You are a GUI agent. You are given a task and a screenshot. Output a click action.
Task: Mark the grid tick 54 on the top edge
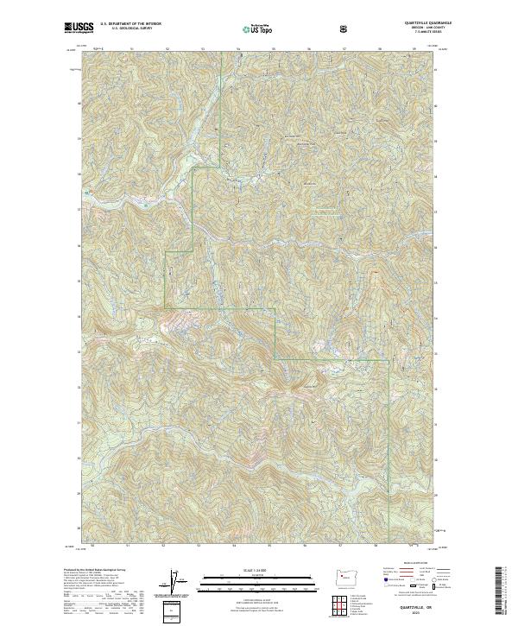pyautogui.click(x=237, y=50)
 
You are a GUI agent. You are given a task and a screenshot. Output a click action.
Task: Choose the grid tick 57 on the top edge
pyautogui.click(x=344, y=50)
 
